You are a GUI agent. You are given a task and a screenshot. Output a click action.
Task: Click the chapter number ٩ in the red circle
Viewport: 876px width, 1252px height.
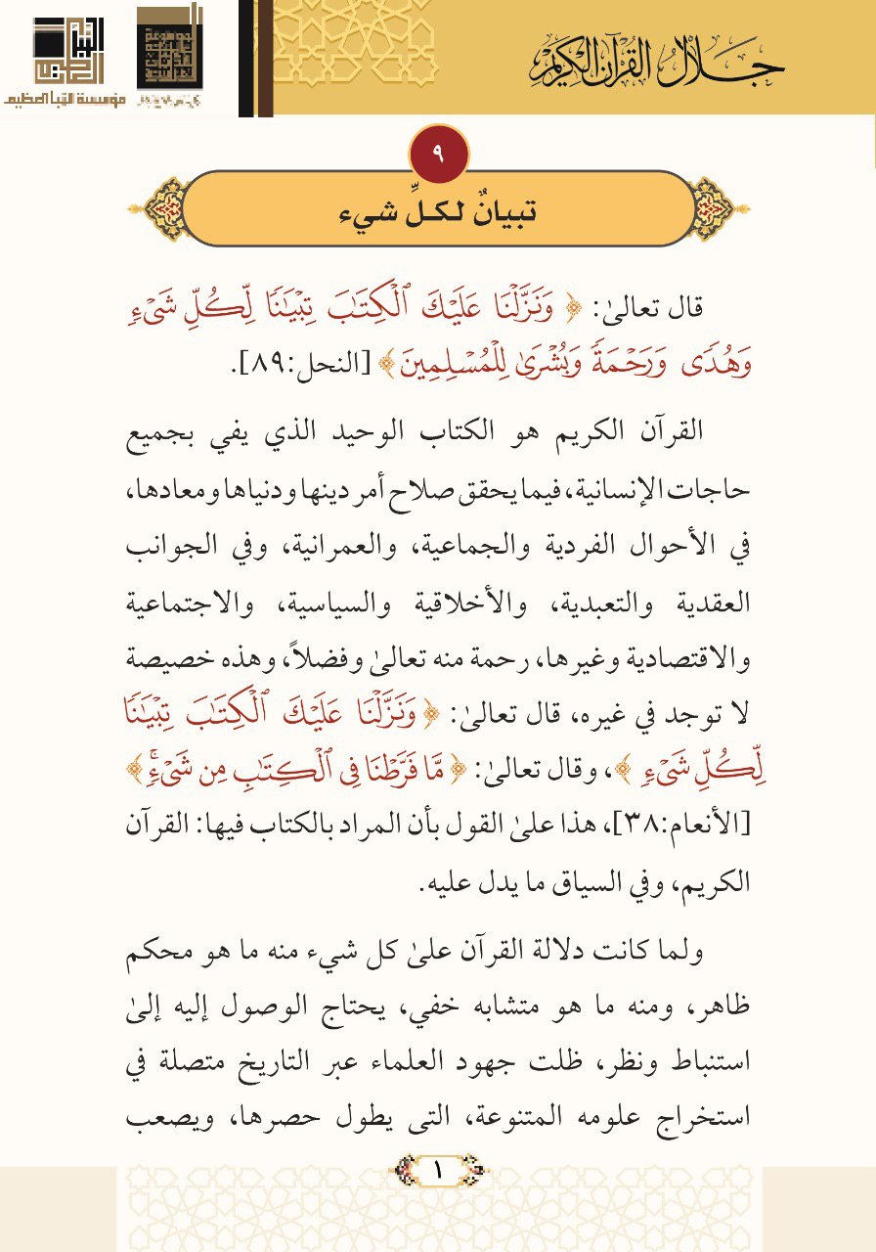pyautogui.click(x=437, y=153)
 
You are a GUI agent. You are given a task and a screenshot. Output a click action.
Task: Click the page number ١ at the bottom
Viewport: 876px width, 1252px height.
pyautogui.click(x=437, y=1167)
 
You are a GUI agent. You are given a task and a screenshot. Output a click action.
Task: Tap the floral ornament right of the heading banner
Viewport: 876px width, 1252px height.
pyautogui.click(x=716, y=208)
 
